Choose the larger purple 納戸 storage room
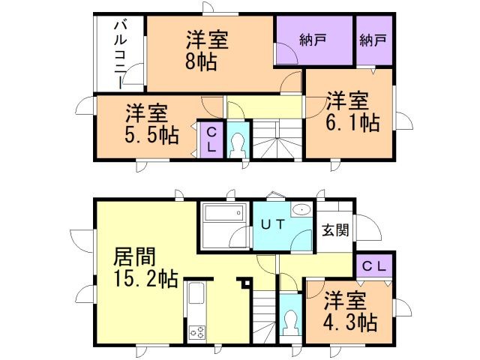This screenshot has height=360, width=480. (x=313, y=41)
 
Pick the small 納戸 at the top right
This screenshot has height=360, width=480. (x=373, y=41)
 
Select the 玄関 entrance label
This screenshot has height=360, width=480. (x=335, y=230)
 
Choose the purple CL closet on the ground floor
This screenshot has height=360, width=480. (x=374, y=265)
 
